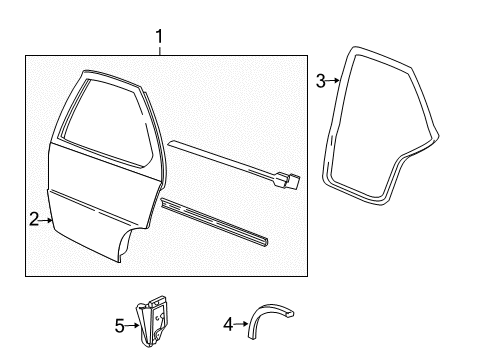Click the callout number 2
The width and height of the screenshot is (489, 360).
34,219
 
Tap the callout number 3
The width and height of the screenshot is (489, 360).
320,82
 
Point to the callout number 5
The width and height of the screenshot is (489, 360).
118,324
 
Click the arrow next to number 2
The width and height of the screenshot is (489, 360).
46,219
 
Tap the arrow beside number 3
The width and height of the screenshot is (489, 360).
333,82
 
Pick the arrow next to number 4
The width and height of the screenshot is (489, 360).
241,323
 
